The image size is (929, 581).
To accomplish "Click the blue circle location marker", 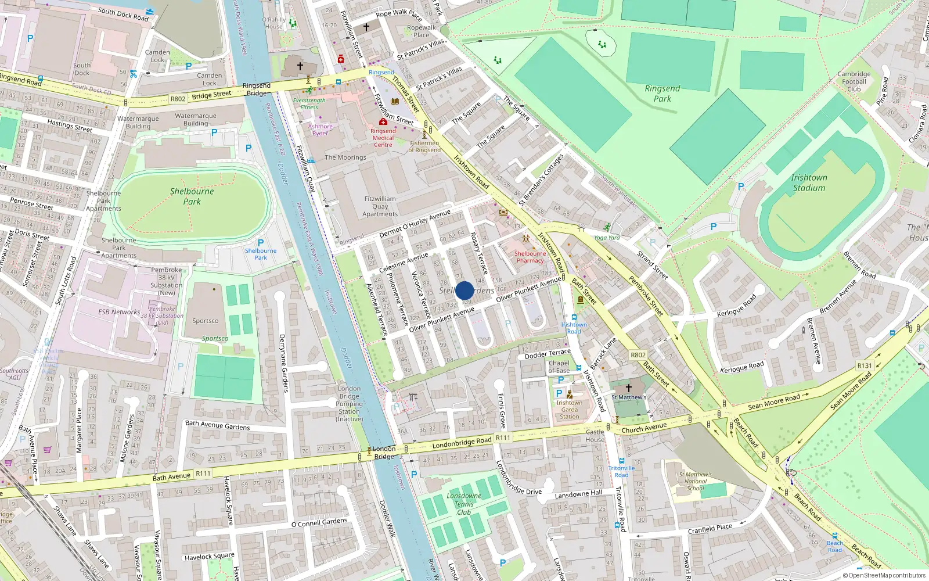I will [x=464, y=290].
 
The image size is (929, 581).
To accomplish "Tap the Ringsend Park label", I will [x=662, y=94].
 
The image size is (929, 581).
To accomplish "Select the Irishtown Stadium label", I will [x=809, y=182].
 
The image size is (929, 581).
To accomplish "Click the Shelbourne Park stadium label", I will [x=192, y=196].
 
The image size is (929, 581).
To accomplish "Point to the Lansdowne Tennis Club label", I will [x=464, y=504].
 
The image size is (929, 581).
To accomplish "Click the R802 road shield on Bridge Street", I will [x=178, y=99].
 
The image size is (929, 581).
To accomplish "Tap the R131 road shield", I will [x=865, y=365].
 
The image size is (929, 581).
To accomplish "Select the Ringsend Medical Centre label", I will [x=383, y=138].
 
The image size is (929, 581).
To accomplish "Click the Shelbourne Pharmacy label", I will [x=530, y=257].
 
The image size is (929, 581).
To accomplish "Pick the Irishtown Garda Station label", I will [x=569, y=410].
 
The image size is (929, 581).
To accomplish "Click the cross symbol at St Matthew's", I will [x=628, y=388].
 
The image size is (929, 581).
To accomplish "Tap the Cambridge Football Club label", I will [x=854, y=81].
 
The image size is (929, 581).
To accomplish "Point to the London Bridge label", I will [x=384, y=453].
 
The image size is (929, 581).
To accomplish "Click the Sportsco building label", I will [x=206, y=321].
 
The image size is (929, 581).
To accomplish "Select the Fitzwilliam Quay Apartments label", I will [x=380, y=206].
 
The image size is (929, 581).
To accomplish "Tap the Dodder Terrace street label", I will [x=548, y=353].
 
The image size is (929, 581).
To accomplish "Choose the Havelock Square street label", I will [x=209, y=557].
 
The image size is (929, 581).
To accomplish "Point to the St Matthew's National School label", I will [x=696, y=481].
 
